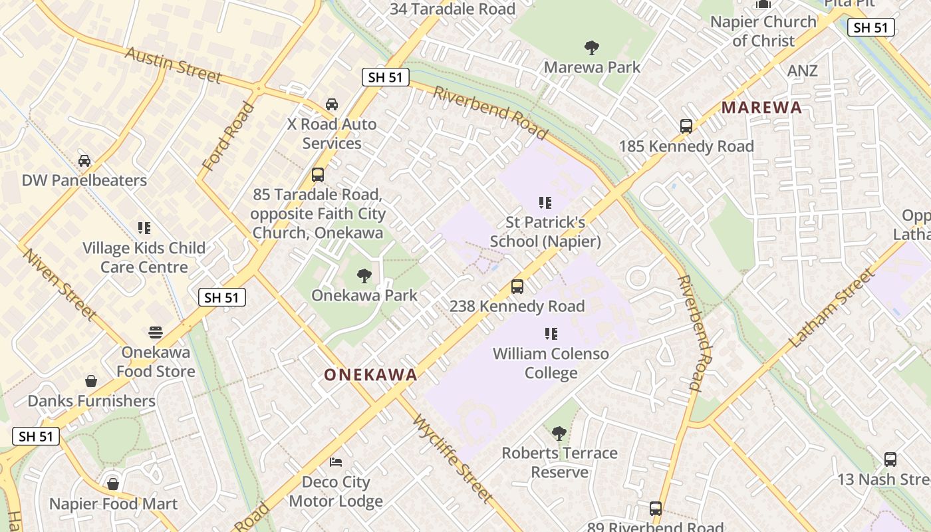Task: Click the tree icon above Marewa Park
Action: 591,47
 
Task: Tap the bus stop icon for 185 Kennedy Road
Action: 686,126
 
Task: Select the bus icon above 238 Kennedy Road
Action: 517,287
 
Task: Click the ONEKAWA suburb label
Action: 370,375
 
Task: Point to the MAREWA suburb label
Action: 761,108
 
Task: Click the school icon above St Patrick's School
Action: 545,202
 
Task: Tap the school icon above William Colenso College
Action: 551,333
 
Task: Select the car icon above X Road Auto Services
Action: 331,104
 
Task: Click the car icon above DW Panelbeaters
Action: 84,160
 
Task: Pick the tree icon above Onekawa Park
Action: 364,275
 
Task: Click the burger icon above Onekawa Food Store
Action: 156,332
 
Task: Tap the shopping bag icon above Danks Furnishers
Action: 91,381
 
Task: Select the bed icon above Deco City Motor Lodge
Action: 336,462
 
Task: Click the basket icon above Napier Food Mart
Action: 113,483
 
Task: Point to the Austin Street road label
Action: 173,65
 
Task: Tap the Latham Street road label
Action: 831,308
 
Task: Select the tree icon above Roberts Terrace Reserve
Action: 559,434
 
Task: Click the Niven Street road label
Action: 59,283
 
